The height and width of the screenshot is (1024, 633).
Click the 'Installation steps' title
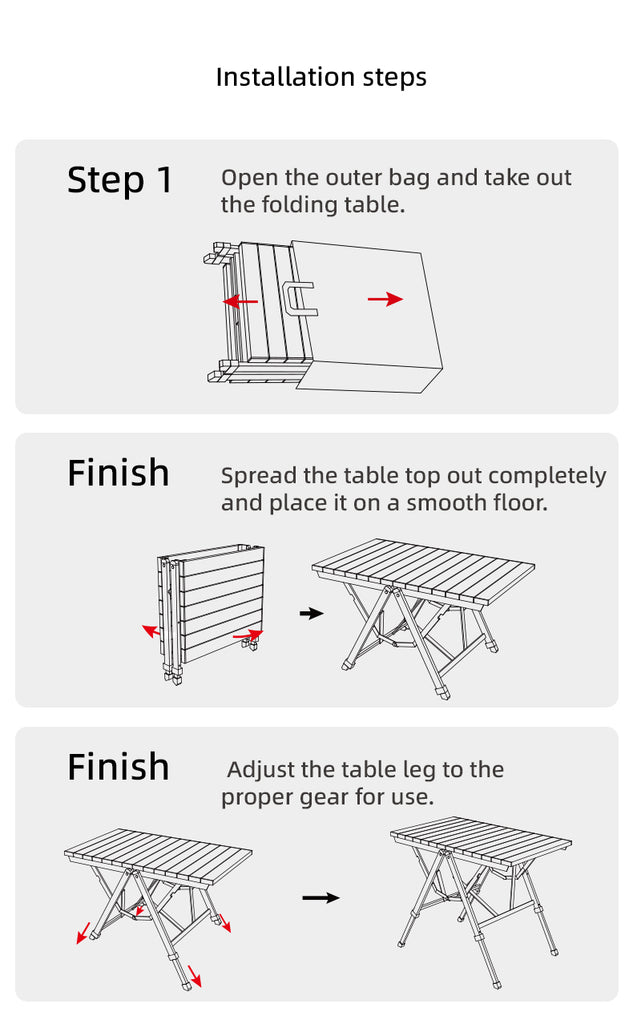tap(321, 77)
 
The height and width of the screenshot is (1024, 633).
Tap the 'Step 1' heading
tap(120, 180)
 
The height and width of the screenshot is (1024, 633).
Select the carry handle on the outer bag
tap(299, 298)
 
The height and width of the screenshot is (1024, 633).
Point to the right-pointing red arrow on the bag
tap(385, 299)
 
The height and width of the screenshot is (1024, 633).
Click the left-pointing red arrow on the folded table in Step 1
tap(240, 302)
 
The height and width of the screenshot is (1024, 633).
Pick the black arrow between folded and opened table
tap(311, 613)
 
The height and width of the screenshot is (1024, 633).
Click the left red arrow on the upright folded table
tap(151, 631)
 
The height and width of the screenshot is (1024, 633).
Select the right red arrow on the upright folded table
tap(248, 634)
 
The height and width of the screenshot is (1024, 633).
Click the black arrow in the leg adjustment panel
tap(321, 898)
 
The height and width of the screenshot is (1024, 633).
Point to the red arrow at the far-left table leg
tap(84, 933)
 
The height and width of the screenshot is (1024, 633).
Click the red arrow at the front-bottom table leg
tap(195, 976)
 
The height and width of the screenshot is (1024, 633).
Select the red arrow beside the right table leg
tap(224, 922)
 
